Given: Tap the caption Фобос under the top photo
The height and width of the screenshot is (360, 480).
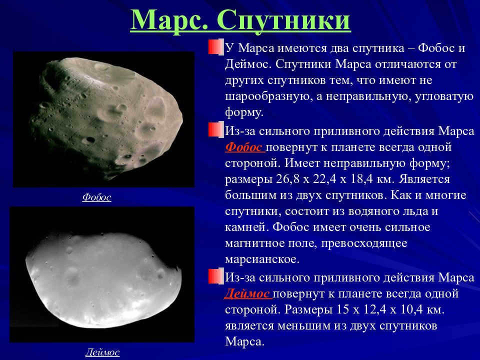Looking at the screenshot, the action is click(x=96, y=197).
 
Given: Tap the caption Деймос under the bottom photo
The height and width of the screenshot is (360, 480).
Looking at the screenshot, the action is click(x=102, y=352).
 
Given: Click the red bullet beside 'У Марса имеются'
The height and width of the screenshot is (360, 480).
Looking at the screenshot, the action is click(x=216, y=47).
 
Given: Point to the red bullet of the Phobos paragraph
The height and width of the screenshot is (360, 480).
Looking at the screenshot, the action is click(x=216, y=129).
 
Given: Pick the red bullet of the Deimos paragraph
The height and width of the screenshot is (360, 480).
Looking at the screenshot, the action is click(x=216, y=276).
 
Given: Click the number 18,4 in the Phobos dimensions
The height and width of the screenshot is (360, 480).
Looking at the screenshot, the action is click(x=361, y=179).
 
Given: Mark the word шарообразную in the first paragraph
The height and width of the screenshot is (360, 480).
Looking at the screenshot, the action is click(x=266, y=96).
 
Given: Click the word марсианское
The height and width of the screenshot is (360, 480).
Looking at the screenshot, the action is click(x=262, y=259).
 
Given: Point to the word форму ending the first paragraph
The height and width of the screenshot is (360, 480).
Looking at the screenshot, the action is click(x=244, y=112).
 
